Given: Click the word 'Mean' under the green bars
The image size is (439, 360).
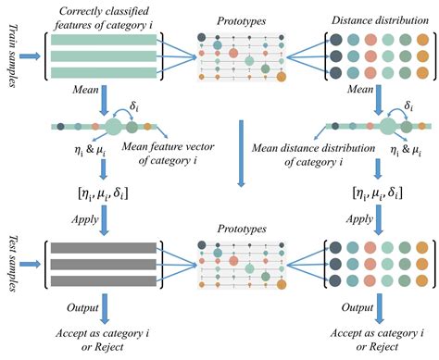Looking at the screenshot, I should (73, 91).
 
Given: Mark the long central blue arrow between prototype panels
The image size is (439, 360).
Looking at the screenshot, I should (239, 153).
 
